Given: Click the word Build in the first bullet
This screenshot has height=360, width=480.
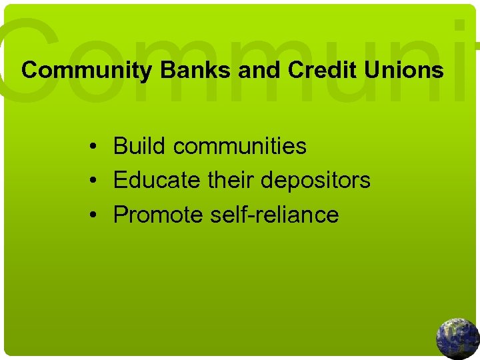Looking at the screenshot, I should (136, 146).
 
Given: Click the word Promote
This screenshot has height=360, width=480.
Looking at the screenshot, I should (157, 215).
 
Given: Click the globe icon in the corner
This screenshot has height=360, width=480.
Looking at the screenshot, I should (458, 339).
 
